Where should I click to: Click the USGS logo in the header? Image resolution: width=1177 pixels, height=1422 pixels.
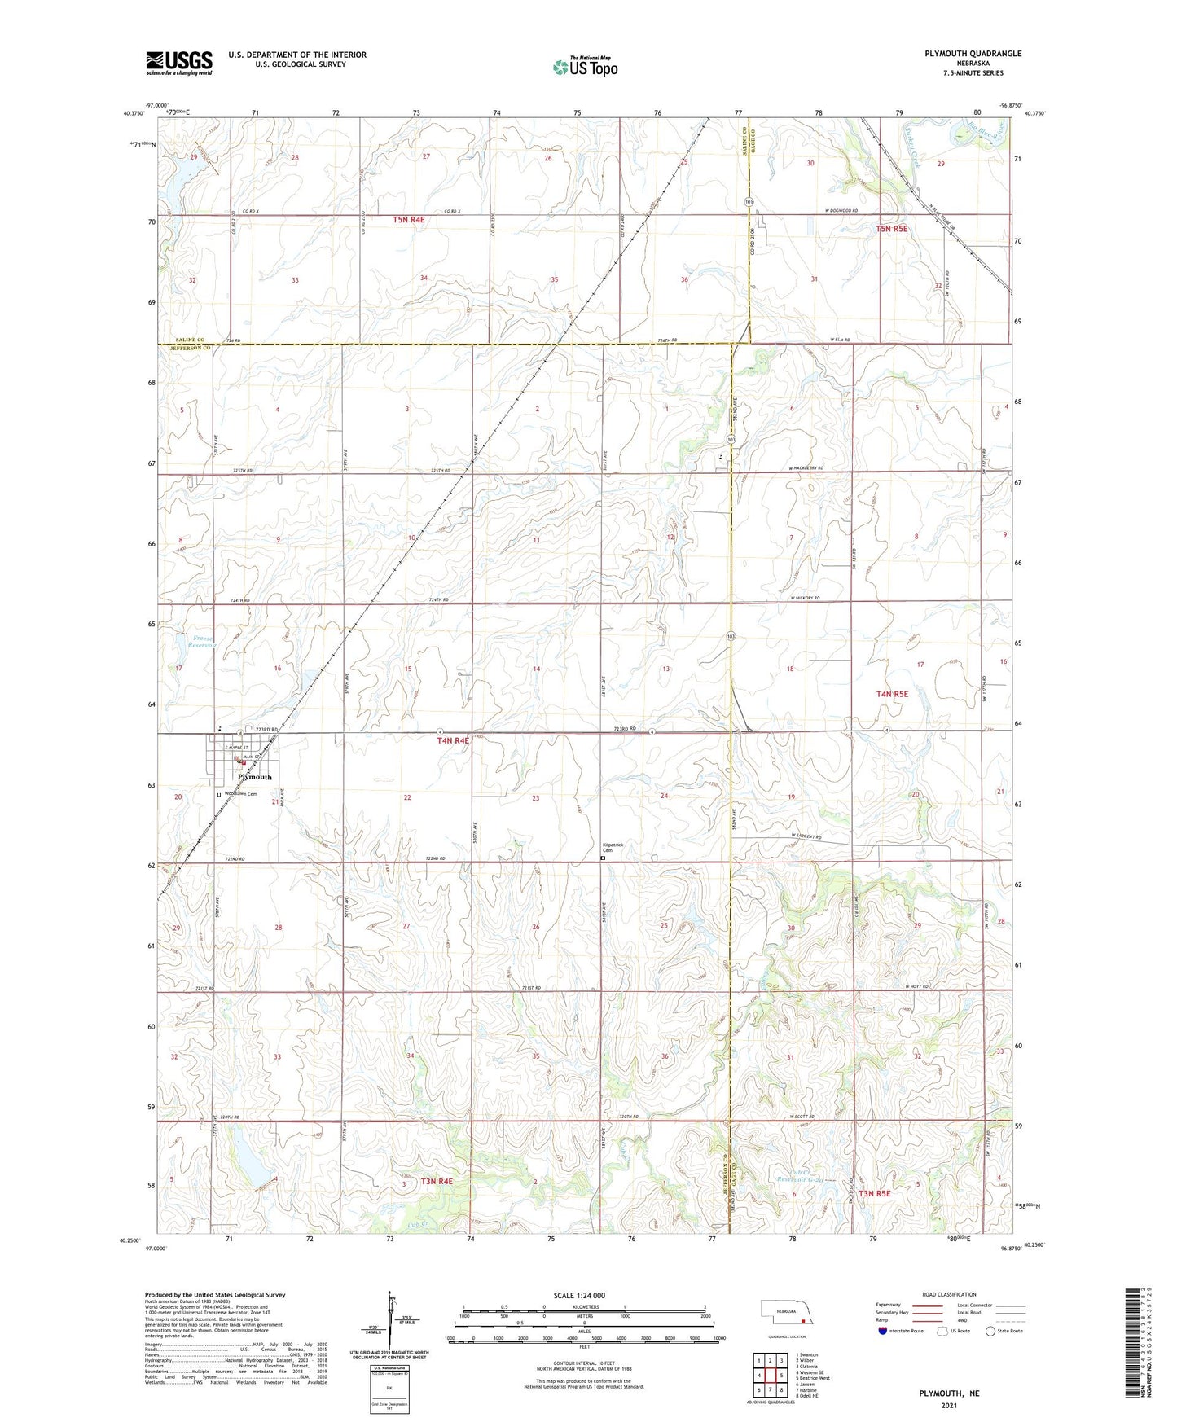179,63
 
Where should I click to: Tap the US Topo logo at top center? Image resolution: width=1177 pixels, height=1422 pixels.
584,67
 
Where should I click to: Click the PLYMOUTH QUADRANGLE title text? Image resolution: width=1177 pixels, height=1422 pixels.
973,54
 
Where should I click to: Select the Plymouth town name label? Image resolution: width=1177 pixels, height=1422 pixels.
255,777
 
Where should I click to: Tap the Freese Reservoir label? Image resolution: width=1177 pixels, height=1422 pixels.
200,641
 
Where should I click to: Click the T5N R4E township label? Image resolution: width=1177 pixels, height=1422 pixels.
409,220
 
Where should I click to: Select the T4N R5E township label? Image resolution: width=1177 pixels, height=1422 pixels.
892,694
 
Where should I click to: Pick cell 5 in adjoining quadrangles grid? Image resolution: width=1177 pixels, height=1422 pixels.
770,1376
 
